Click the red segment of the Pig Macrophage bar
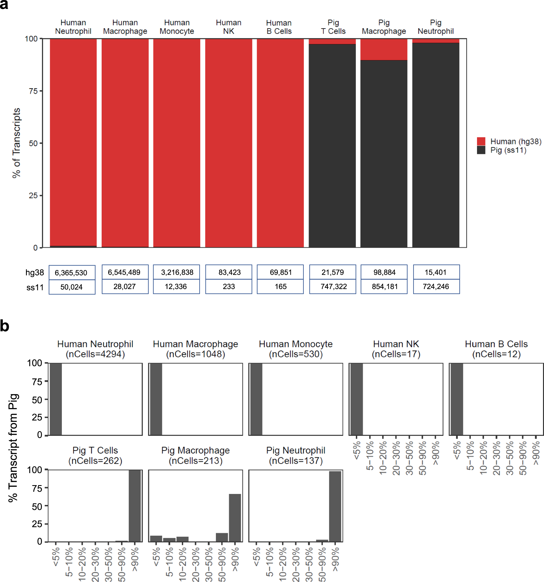click(x=384, y=49)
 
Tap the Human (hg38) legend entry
click(x=509, y=141)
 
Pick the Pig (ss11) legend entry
click(x=502, y=150)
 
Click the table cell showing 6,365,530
click(x=72, y=273)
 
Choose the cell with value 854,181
click(x=384, y=286)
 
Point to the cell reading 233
click(x=229, y=286)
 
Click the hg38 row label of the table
click(x=34, y=273)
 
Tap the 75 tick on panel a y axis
click(x=33, y=91)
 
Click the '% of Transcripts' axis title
click(x=16, y=143)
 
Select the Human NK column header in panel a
click(x=228, y=27)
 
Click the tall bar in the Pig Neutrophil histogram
click(x=335, y=506)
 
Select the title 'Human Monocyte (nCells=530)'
click(x=296, y=349)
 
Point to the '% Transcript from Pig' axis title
click(x=13, y=448)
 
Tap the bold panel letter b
click(x=5, y=326)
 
